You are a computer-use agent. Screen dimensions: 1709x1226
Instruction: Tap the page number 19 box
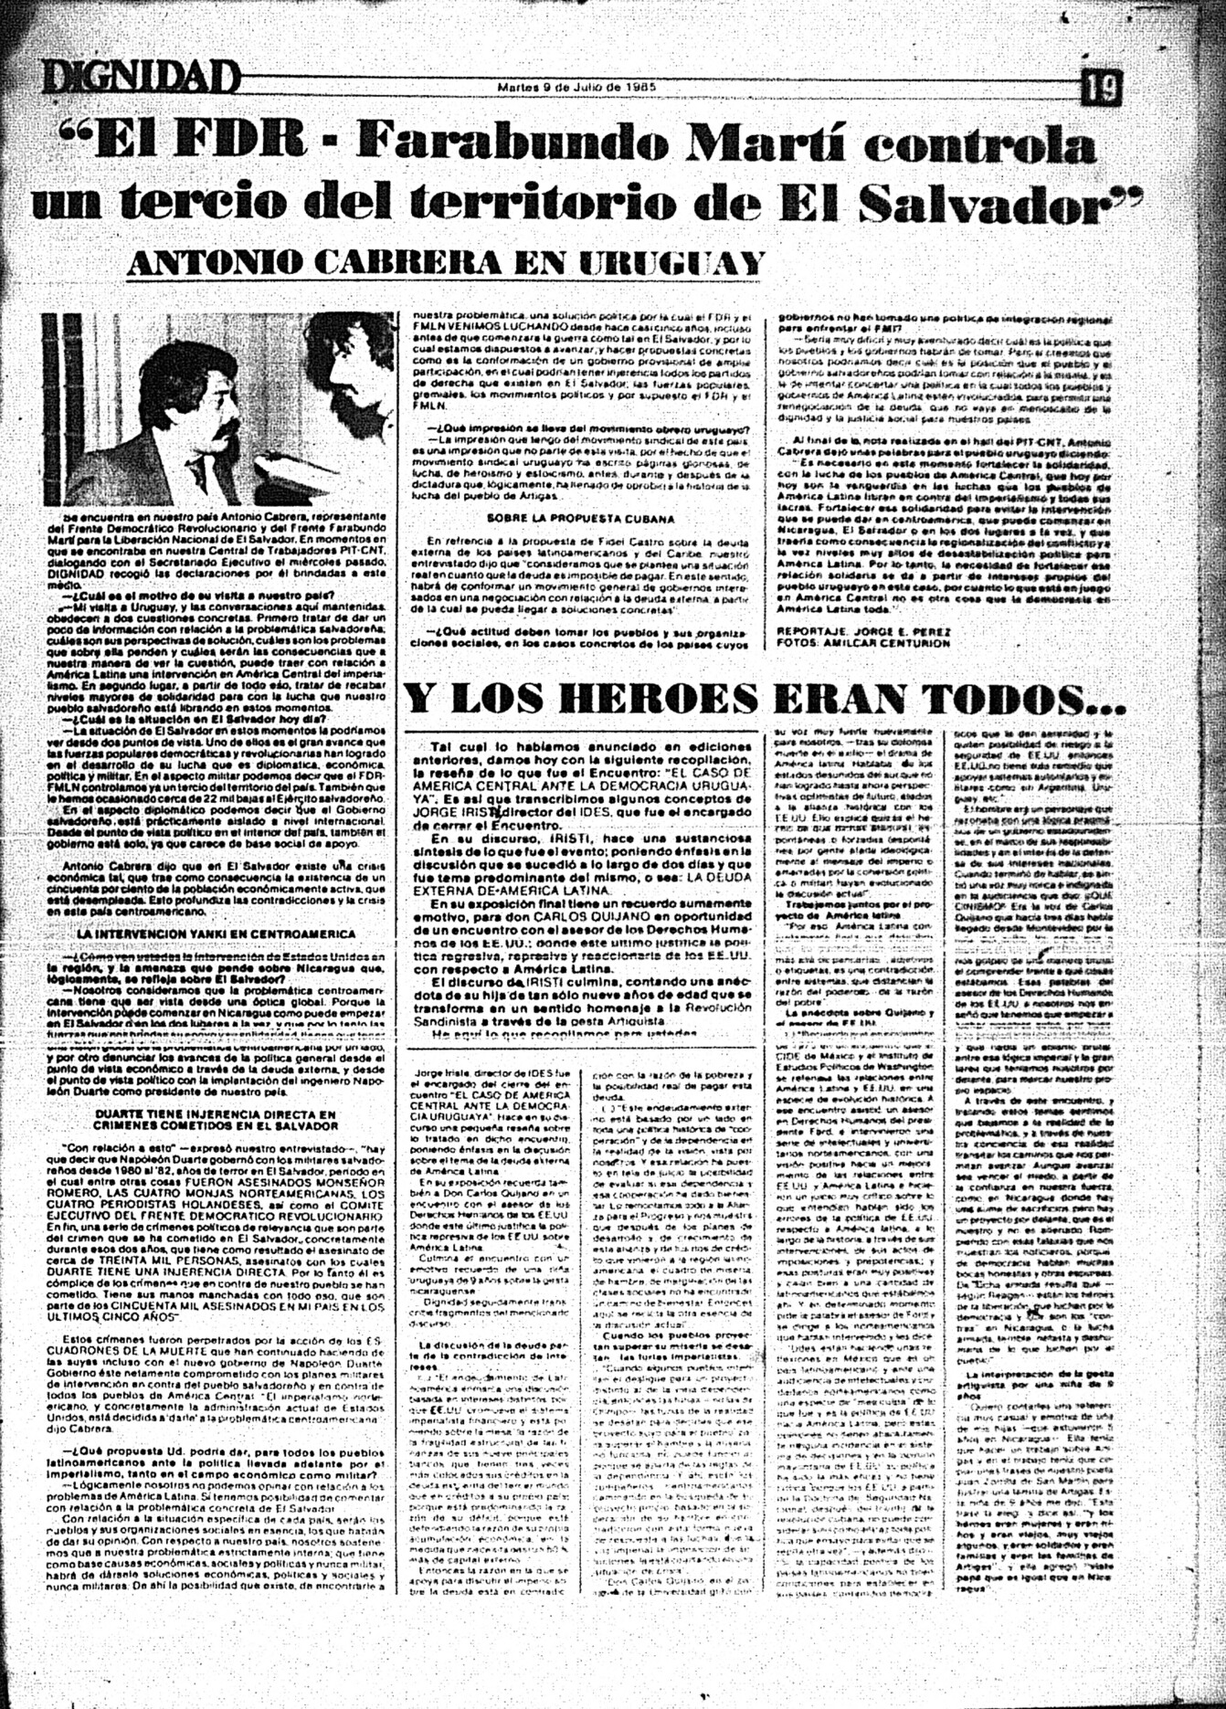click(x=1102, y=89)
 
